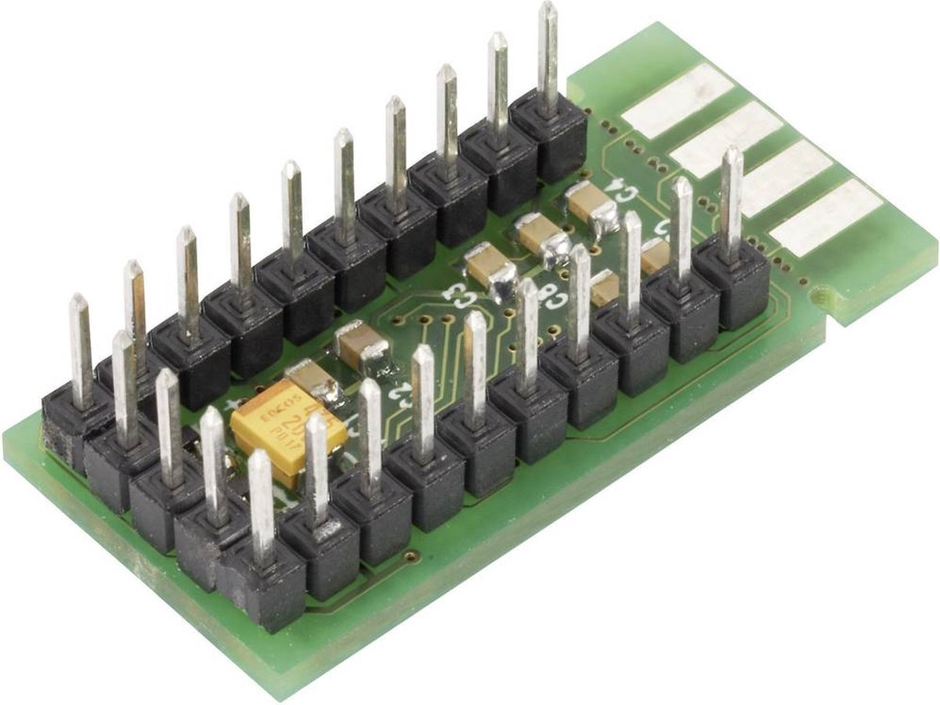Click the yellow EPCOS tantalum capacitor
[x=287, y=432]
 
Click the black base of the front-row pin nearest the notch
[x=732, y=282]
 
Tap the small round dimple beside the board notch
[x=820, y=297]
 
